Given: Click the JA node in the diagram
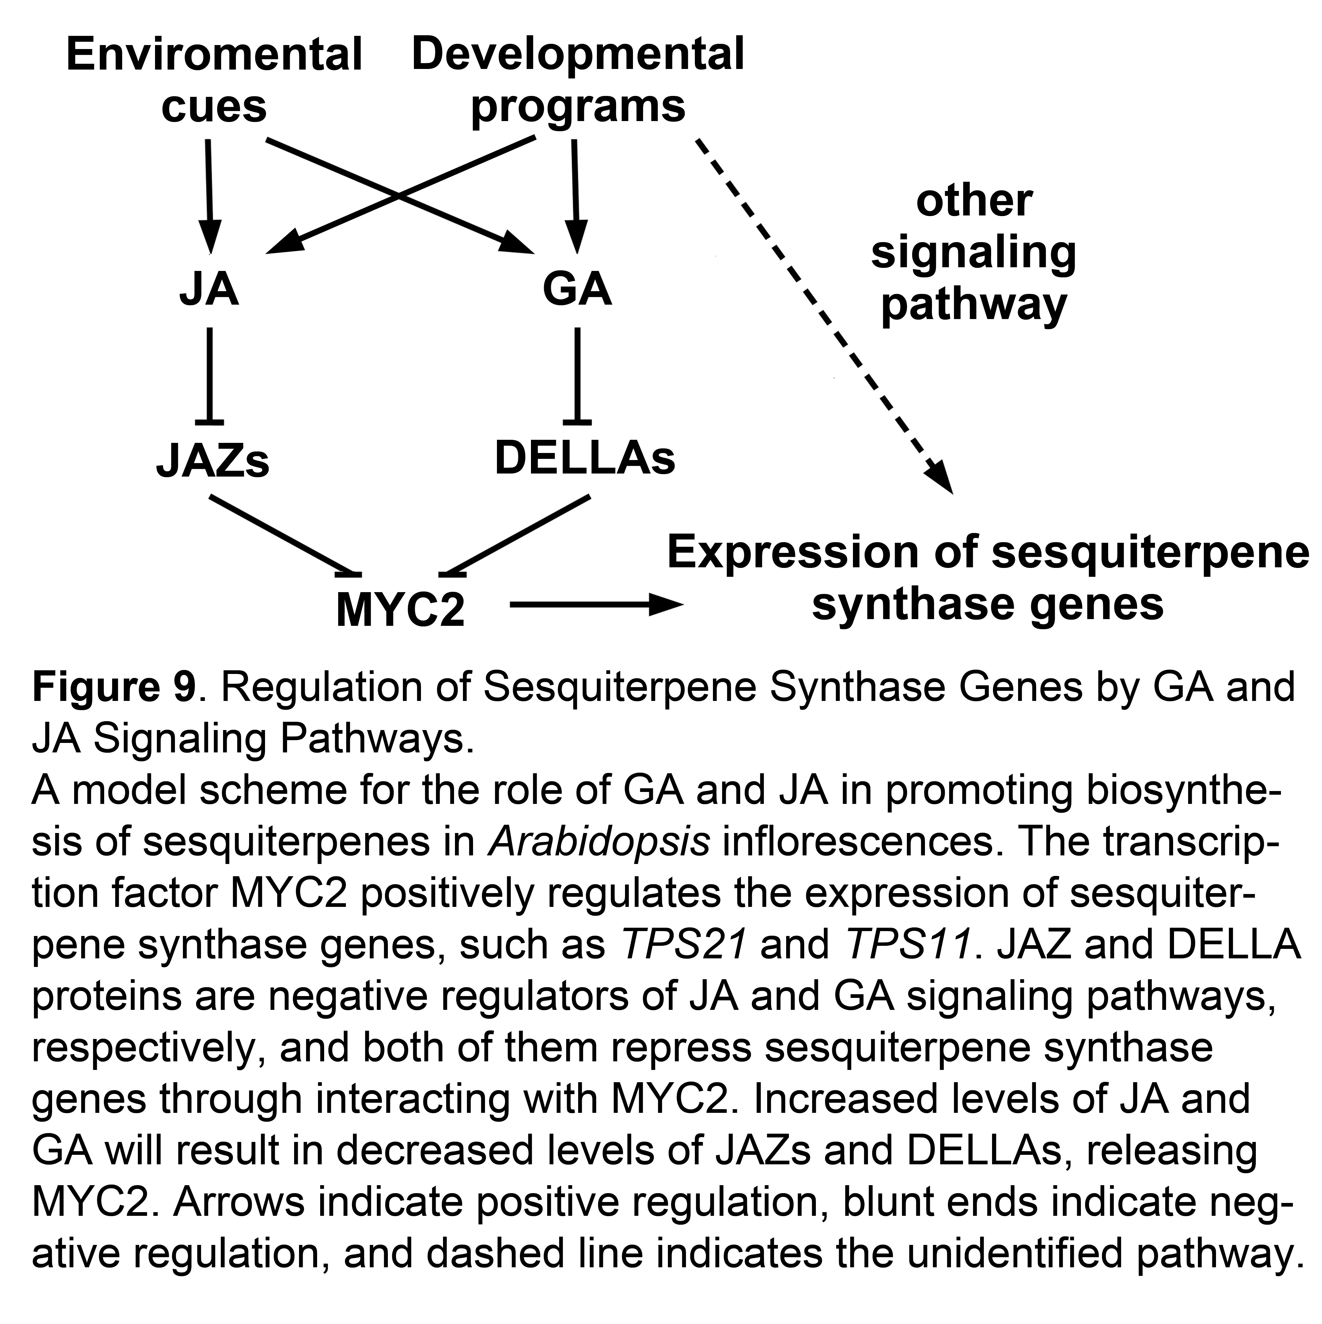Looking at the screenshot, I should [209, 289].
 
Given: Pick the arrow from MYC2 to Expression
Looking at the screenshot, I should [596, 604].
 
